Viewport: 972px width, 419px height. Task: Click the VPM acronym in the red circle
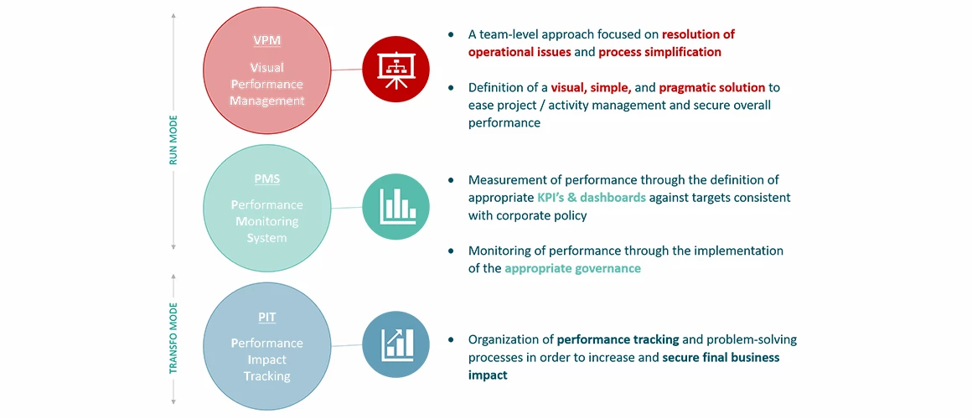[x=267, y=41]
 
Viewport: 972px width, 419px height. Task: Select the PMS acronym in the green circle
[x=267, y=179]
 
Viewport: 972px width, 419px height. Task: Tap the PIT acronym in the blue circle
[x=267, y=318]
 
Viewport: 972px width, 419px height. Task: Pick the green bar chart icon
[x=396, y=207]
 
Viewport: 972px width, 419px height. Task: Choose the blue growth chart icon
[x=396, y=344]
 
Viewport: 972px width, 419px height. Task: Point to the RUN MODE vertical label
[x=173, y=139]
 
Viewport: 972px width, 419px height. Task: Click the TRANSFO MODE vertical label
[x=173, y=338]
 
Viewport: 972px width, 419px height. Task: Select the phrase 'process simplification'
[x=659, y=52]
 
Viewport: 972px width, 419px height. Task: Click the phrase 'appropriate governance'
[x=573, y=268]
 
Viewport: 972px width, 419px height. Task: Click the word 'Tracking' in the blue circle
[x=267, y=376]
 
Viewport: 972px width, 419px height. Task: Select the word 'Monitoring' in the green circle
[x=267, y=220]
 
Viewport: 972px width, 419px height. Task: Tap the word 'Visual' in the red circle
[x=267, y=67]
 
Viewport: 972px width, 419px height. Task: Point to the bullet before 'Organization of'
[x=452, y=339]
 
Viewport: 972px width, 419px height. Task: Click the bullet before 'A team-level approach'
[x=452, y=34]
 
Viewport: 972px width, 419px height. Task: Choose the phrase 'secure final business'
[x=721, y=358]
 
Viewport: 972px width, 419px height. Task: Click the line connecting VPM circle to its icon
[x=347, y=69]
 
